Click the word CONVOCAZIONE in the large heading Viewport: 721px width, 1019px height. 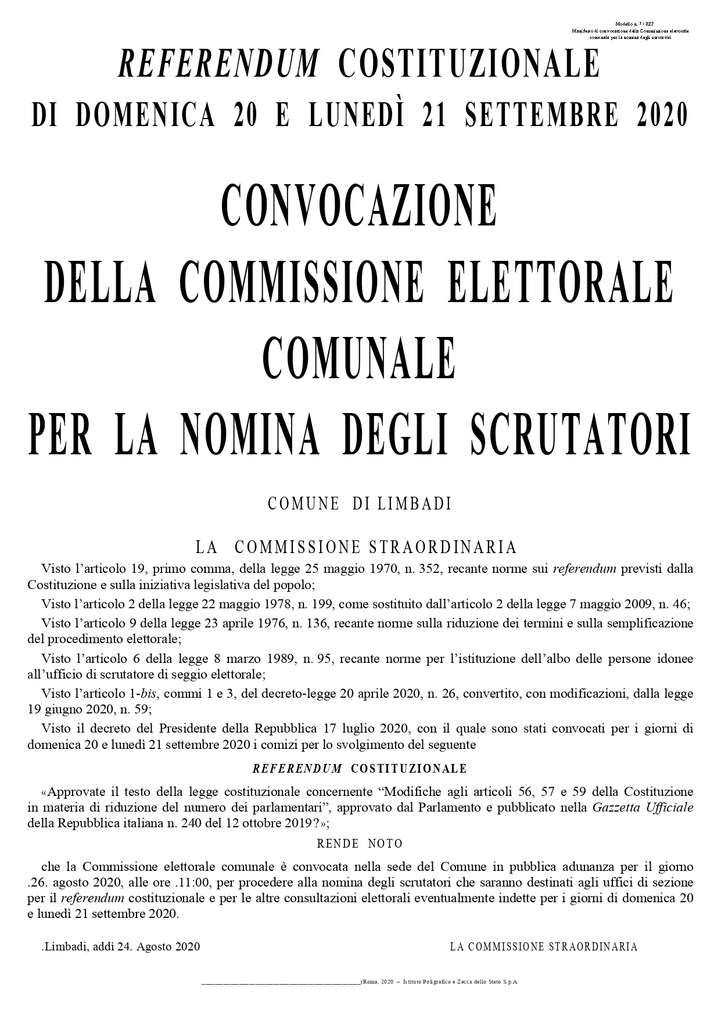[360, 206]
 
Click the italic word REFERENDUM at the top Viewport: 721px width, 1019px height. [218, 63]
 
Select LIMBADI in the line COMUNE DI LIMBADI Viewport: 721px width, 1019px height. [415, 504]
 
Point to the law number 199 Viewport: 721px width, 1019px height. [321, 605]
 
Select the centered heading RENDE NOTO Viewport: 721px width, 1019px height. [360, 844]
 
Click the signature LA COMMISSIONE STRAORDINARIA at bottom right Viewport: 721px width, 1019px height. [544, 947]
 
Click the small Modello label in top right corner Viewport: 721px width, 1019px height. [630, 23]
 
